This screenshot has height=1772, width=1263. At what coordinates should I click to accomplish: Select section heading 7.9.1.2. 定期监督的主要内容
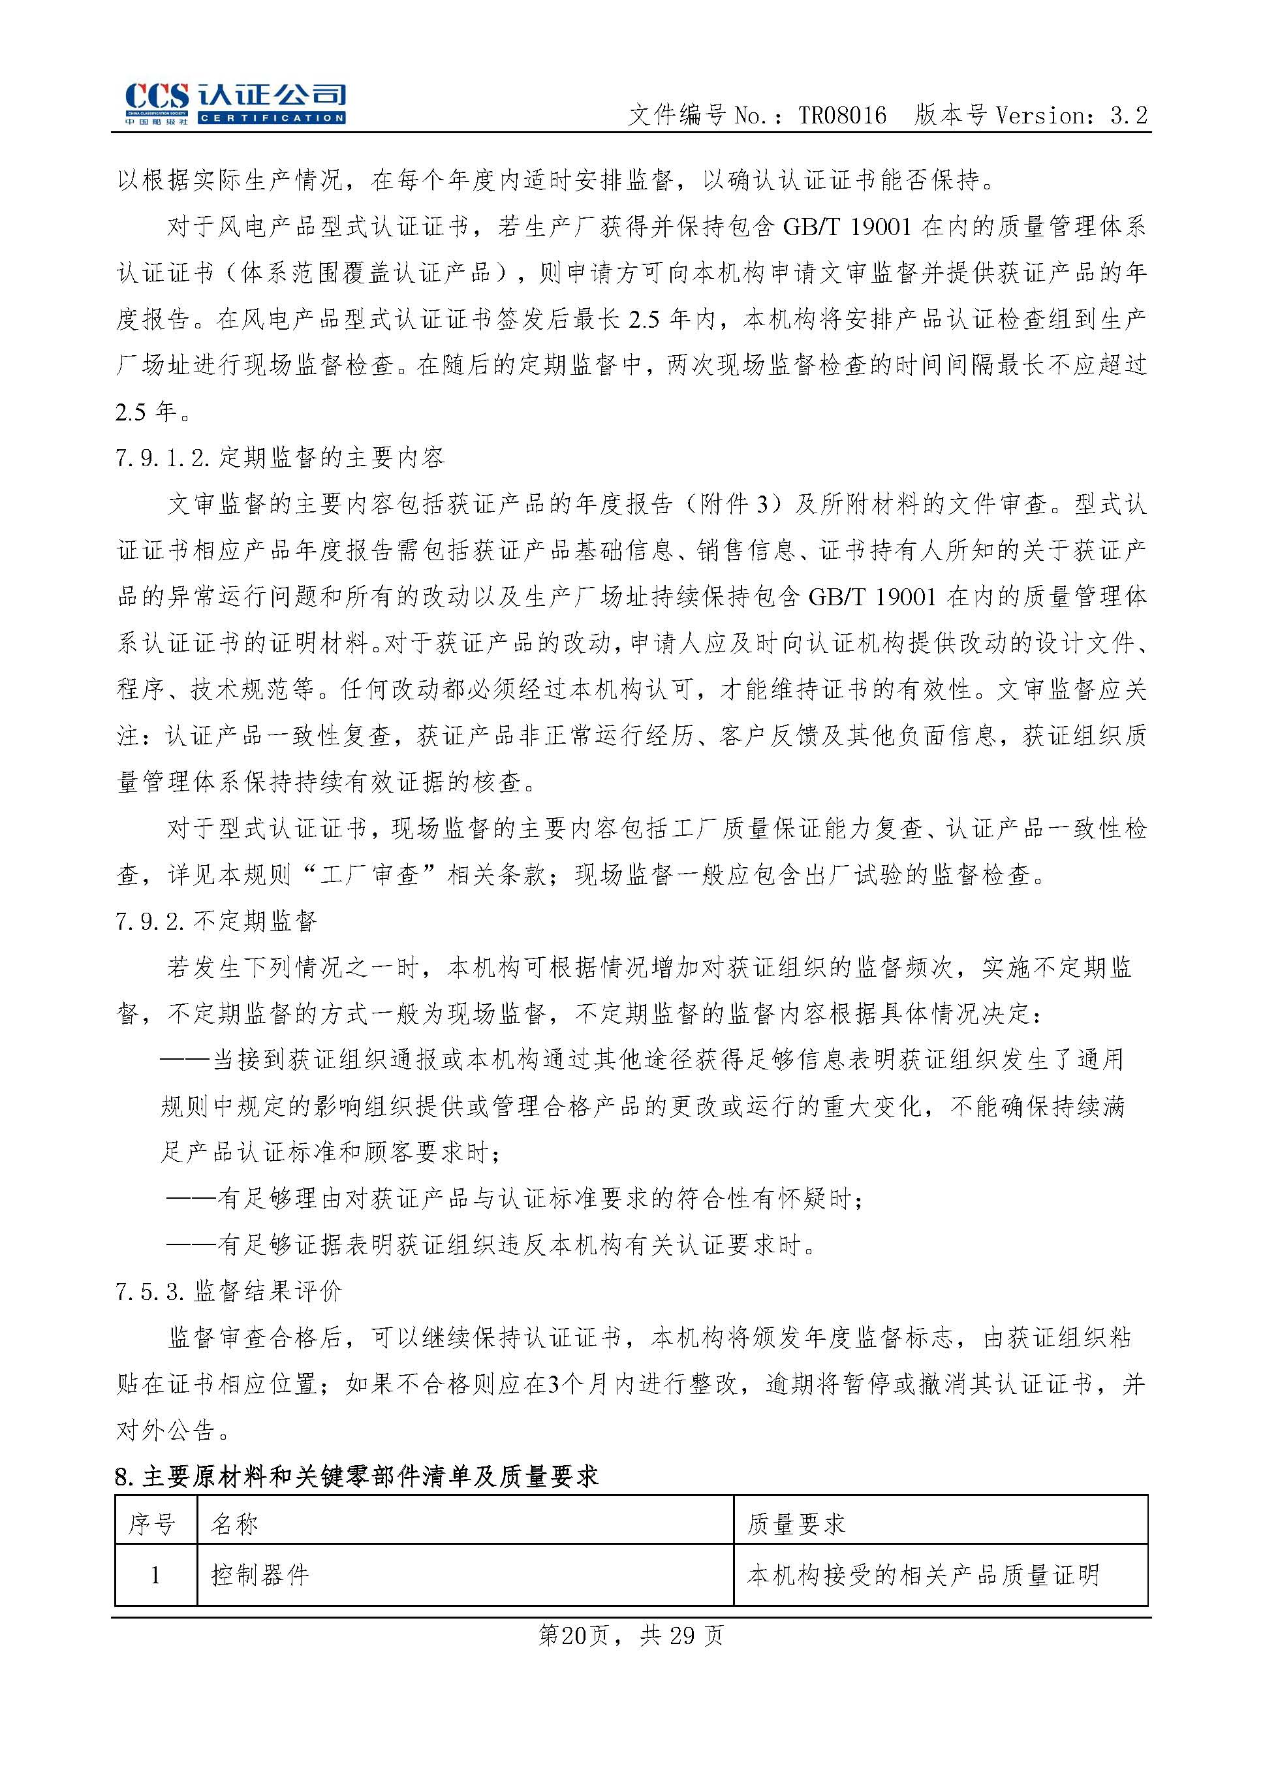tap(280, 458)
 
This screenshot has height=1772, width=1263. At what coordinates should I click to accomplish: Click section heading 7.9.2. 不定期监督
tap(216, 922)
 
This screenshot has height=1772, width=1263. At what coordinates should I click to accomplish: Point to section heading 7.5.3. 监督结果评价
tap(228, 1292)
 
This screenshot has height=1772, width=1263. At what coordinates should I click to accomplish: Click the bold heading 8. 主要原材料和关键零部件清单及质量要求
tap(356, 1476)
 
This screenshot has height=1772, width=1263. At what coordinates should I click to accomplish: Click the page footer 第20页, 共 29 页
tap(631, 1635)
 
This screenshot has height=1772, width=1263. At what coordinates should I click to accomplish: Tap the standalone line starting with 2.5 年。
tap(153, 411)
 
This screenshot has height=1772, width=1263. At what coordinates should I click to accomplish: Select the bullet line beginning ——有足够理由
tap(513, 1199)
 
